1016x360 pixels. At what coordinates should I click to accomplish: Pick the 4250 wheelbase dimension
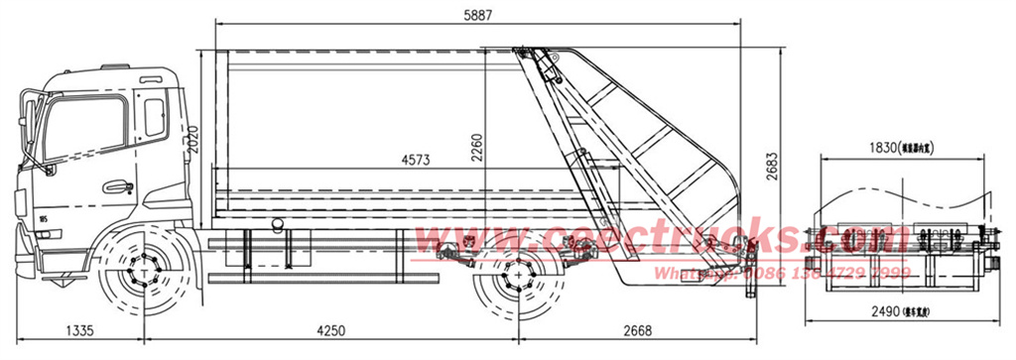point(332,331)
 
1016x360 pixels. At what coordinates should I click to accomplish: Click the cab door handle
point(118,186)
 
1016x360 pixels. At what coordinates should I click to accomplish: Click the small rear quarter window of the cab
point(155,116)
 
